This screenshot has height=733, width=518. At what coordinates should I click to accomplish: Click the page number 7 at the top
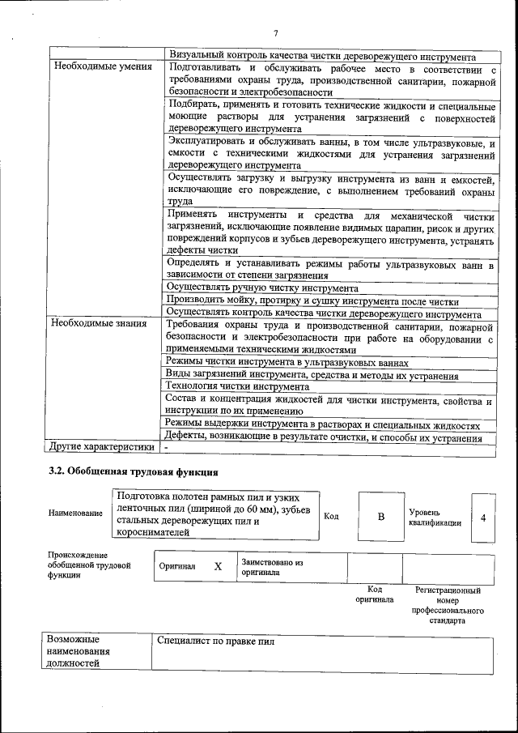pyautogui.click(x=275, y=33)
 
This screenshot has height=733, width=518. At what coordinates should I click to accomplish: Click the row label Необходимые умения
pyautogui.click(x=103, y=66)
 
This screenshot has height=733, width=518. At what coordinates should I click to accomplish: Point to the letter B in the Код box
pyautogui.click(x=381, y=516)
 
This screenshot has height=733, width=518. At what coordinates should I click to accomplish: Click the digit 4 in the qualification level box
pyautogui.click(x=483, y=516)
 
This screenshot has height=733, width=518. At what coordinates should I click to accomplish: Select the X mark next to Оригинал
pyautogui.click(x=218, y=567)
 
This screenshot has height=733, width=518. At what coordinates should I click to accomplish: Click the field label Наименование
pyautogui.click(x=76, y=513)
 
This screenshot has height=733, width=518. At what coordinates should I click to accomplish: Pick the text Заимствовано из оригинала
pyautogui.click(x=272, y=566)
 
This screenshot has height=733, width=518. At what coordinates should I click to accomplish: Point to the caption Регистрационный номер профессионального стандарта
pyautogui.click(x=447, y=606)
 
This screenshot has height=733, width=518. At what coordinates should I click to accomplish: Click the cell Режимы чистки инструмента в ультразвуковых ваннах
pyautogui.click(x=287, y=362)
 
